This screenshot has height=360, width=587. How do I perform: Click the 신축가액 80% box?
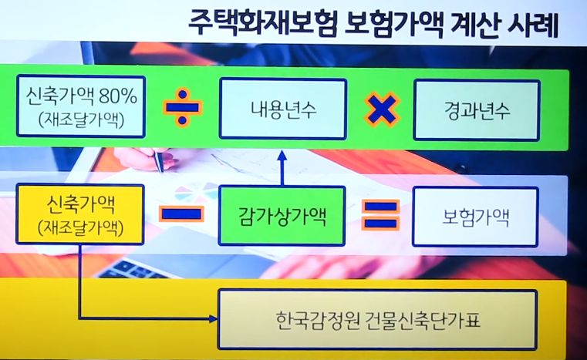coord(81,109)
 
